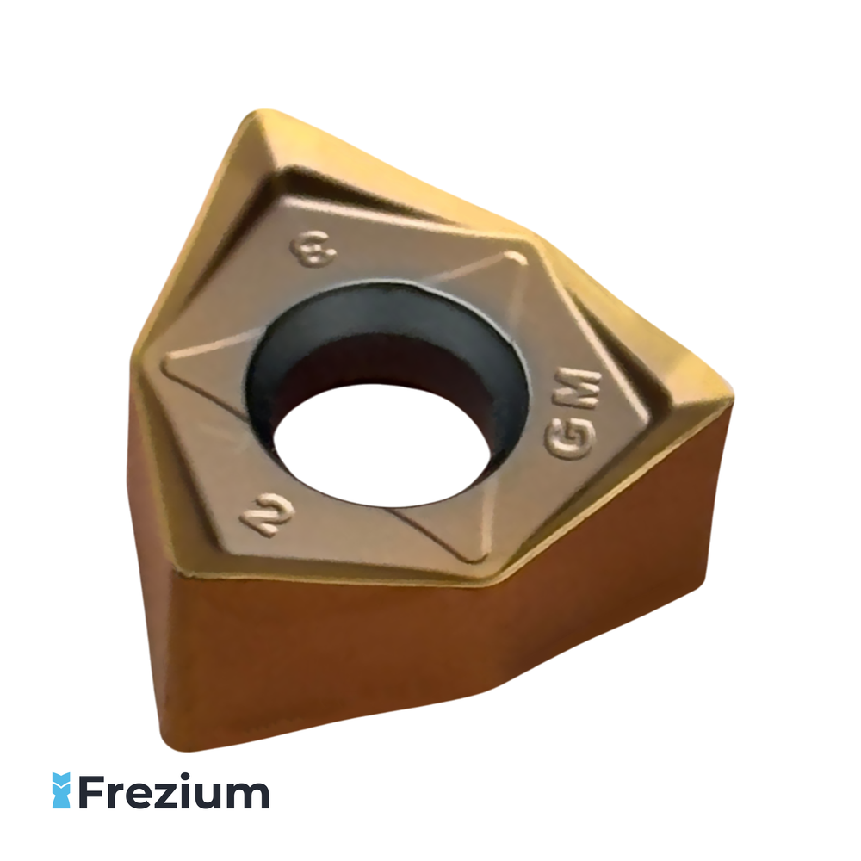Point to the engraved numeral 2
[268, 516]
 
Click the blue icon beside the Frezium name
[61, 790]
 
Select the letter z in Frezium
[172, 795]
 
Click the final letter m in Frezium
[250, 795]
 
